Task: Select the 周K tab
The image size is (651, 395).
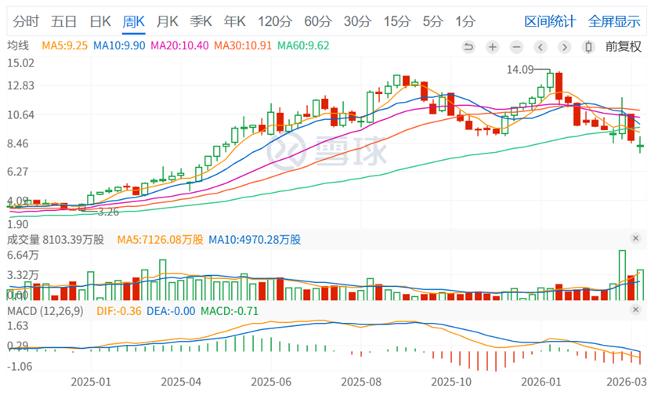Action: [x=134, y=21]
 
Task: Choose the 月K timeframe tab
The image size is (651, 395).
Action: [x=168, y=21]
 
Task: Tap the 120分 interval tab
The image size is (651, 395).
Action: [x=273, y=21]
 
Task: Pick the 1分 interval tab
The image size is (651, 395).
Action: [x=465, y=21]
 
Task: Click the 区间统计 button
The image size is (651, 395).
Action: [x=550, y=21]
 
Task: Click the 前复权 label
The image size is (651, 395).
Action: [x=623, y=46]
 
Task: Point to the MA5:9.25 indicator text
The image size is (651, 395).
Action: [x=65, y=46]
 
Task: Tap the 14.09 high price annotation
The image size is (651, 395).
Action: [x=520, y=70]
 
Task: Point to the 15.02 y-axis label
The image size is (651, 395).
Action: [x=20, y=63]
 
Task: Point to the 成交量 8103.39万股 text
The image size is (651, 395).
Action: [x=56, y=239]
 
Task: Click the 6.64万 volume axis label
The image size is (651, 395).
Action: [x=23, y=255]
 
